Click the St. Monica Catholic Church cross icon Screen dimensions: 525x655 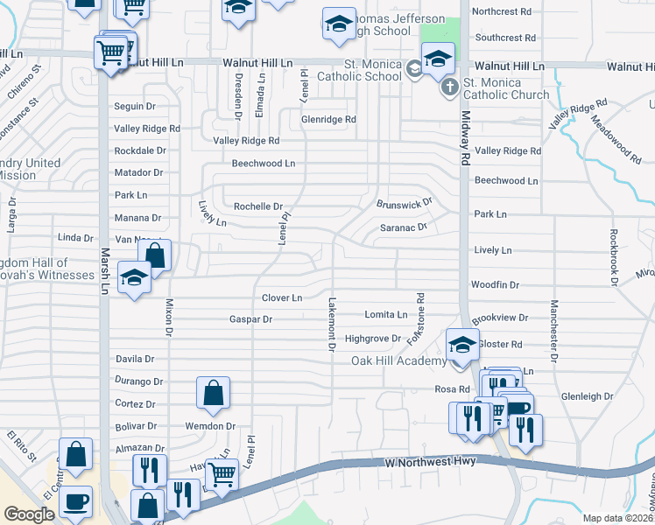pos(448,87)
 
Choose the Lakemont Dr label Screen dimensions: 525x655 pos(332,324)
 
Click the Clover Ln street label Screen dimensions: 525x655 pos(282,298)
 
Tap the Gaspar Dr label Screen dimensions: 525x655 pos(250,320)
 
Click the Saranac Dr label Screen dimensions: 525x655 pos(403,227)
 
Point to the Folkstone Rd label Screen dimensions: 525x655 pos(420,318)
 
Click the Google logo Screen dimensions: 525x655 pos(29,514)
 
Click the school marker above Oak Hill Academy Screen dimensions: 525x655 pos(461,345)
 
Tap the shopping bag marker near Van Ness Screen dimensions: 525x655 pos(154,255)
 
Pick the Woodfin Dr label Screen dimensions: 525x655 pos(495,285)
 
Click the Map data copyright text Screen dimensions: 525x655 pos(618,518)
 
